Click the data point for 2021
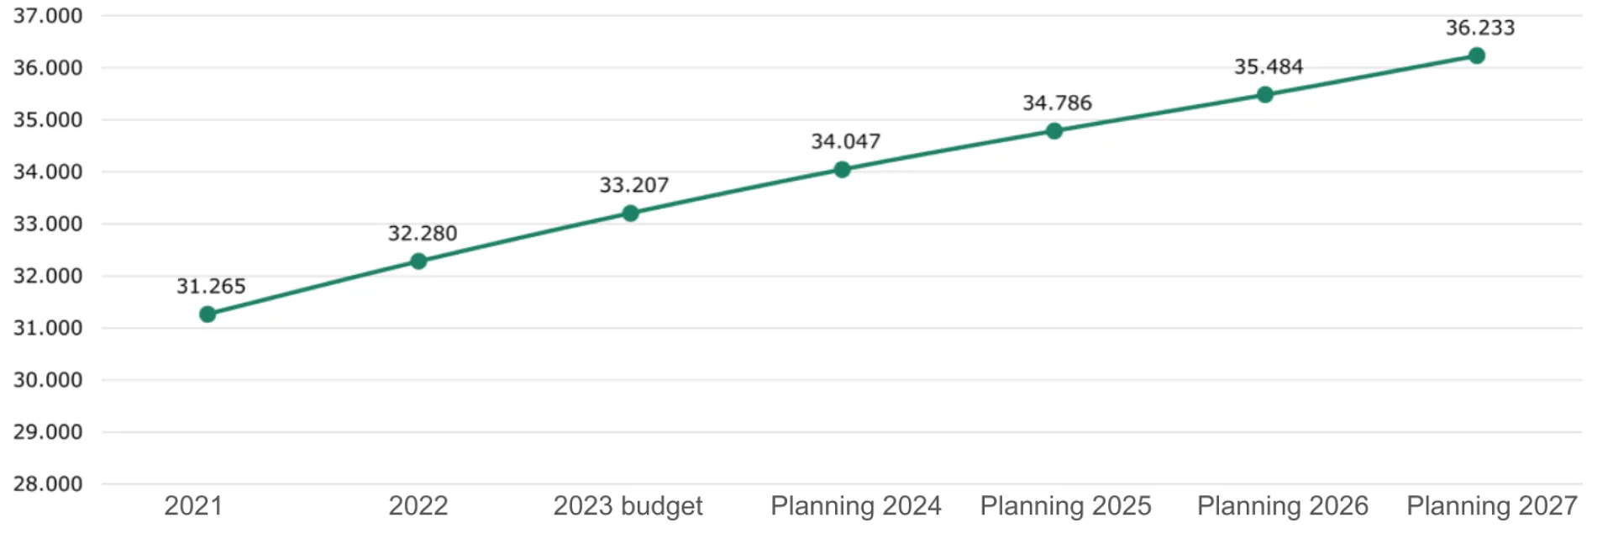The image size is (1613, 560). click(x=208, y=314)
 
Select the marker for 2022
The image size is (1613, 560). click(x=418, y=262)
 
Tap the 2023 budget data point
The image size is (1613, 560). click(x=630, y=214)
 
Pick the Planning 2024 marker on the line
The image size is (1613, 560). click(x=842, y=170)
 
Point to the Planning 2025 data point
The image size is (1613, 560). click(x=1054, y=131)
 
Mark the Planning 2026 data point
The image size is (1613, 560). click(x=1265, y=95)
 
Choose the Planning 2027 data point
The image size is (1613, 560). click(x=1477, y=56)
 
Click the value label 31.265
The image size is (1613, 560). click(x=211, y=287)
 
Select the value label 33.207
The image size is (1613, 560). click(x=634, y=185)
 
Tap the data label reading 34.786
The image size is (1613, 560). click(x=1057, y=103)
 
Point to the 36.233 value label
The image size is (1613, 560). click(x=1480, y=28)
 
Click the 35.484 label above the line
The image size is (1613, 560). click(x=1269, y=66)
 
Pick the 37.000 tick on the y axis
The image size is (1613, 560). click(x=48, y=16)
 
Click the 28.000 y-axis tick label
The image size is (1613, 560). click(x=48, y=483)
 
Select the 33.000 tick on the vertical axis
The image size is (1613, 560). click(x=48, y=224)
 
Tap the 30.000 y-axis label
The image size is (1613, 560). click(x=48, y=380)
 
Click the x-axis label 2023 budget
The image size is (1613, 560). click(x=628, y=506)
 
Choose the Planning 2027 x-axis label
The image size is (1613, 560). click(x=1492, y=506)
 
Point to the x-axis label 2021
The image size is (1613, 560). click(x=193, y=506)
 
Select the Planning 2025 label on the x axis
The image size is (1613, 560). click(x=1065, y=506)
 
